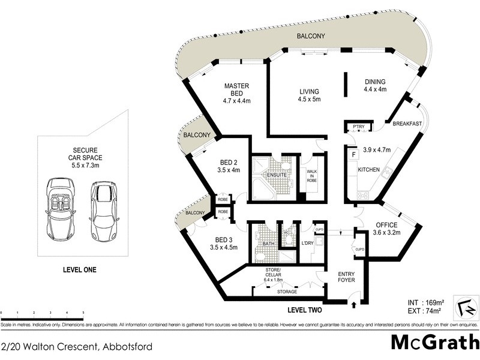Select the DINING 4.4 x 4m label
point(375,86)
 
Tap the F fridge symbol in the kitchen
point(354,154)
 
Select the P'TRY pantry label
point(359,127)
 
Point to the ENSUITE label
point(269,175)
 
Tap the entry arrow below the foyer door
point(353,305)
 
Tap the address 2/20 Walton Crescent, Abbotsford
point(77,346)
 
